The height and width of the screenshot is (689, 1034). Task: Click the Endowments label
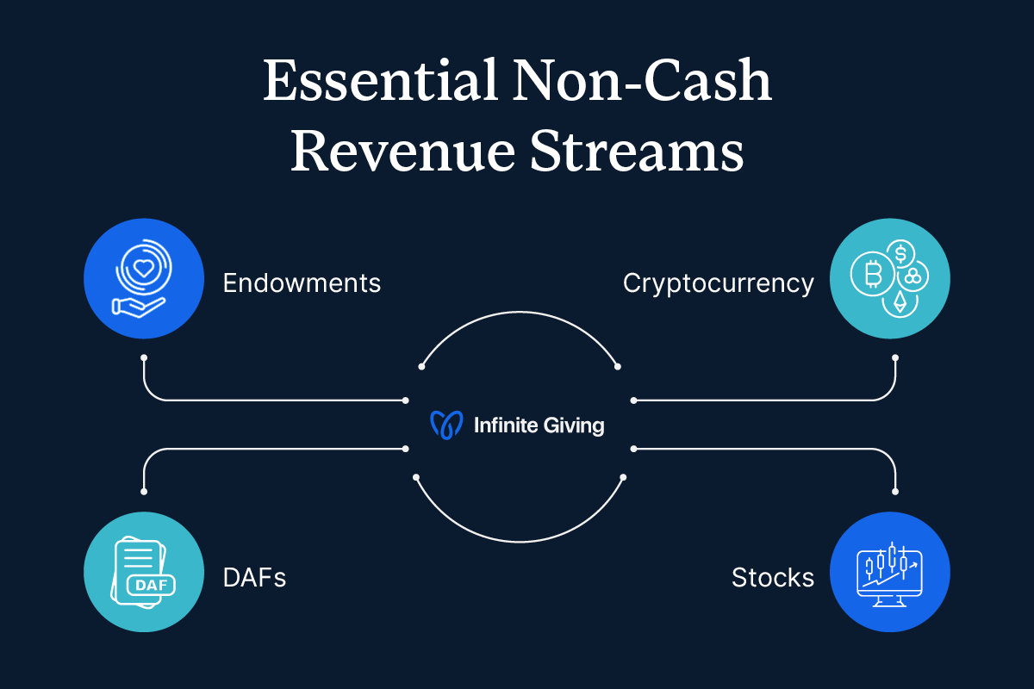(302, 282)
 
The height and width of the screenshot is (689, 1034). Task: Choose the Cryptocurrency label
(718, 282)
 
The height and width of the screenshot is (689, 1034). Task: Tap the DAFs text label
(254, 577)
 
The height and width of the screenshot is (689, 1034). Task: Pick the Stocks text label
(772, 577)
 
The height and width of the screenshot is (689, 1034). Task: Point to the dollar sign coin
(900, 253)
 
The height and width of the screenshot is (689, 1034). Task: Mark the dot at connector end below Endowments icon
(144, 357)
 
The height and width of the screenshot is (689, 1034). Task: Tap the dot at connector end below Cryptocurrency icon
(895, 357)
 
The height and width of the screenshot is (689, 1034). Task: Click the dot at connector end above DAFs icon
(144, 492)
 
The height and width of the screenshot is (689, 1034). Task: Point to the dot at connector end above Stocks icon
(895, 492)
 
